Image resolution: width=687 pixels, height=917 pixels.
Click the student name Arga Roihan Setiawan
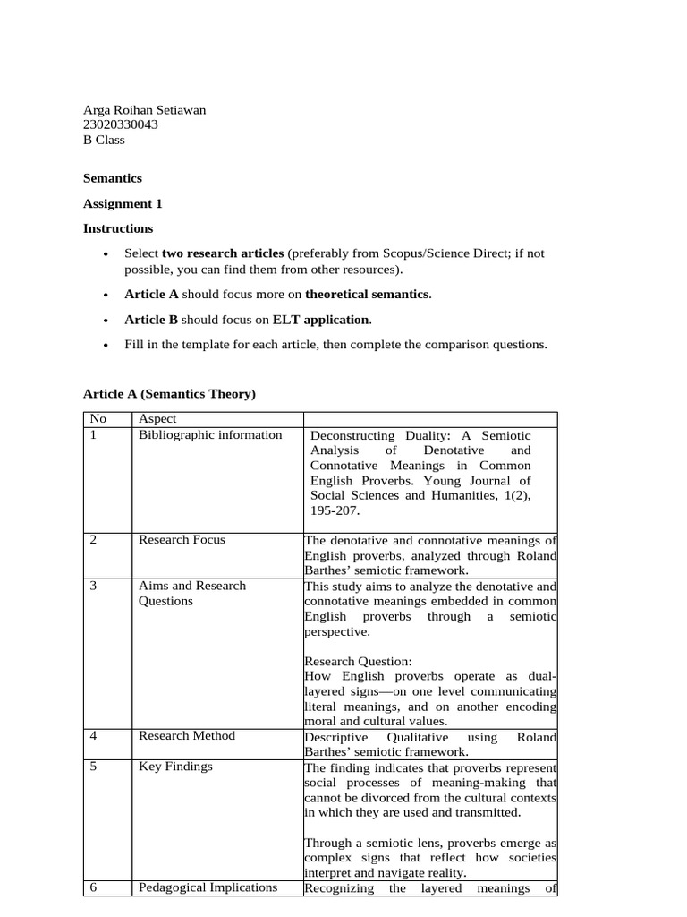click(144, 110)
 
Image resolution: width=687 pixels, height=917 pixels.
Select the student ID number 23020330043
click(121, 125)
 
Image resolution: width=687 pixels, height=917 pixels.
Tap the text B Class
click(104, 140)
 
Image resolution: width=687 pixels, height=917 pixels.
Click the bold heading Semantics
click(113, 178)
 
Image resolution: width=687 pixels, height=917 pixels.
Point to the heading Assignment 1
click(123, 203)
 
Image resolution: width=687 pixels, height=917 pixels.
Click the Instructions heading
click(118, 228)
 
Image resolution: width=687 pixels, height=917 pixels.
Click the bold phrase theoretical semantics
click(368, 294)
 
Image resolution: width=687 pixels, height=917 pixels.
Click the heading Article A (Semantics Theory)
click(169, 393)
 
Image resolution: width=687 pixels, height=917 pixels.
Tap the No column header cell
click(97, 419)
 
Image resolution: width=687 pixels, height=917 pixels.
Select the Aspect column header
click(157, 419)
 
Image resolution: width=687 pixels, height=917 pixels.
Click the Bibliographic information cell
click(210, 435)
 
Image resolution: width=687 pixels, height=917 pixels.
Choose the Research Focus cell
click(182, 540)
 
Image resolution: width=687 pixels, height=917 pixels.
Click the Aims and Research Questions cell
click(191, 593)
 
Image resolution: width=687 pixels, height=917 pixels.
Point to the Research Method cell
click(187, 736)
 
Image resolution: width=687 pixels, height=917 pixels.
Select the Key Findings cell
click(175, 767)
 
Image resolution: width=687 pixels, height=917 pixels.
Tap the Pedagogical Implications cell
click(208, 888)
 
